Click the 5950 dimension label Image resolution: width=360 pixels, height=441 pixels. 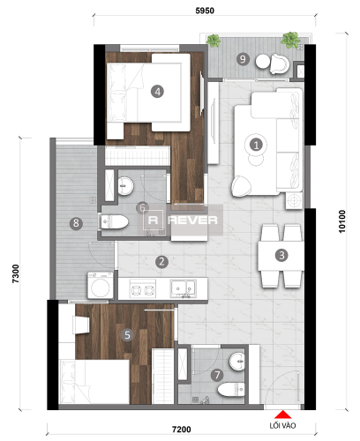click(205, 11)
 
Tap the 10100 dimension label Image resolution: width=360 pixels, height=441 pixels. click(342, 221)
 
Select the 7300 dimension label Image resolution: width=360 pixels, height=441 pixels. click(16, 273)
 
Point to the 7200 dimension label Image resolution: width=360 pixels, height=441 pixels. click(182, 430)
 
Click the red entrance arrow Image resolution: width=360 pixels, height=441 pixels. click(283, 415)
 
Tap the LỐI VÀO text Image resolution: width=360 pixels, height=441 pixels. click(282, 425)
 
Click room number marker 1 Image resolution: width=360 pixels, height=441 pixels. click(256, 145)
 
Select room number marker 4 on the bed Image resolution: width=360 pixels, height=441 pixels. click(157, 92)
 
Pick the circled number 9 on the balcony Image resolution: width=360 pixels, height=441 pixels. click(243, 59)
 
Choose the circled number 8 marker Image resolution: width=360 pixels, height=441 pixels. click(76, 223)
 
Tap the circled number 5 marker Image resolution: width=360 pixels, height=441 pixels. click(127, 335)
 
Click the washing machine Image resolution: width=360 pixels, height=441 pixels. click(101, 286)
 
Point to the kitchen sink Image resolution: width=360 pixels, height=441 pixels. click(183, 288)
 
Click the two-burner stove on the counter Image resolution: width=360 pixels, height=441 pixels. click(143, 288)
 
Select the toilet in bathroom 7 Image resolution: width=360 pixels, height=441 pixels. click(231, 390)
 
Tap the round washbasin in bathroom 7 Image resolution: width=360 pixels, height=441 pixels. click(237, 362)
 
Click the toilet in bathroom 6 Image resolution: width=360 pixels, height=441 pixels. click(114, 221)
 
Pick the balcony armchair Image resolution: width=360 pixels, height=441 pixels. click(279, 64)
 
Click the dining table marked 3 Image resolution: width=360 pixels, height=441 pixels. click(281, 256)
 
